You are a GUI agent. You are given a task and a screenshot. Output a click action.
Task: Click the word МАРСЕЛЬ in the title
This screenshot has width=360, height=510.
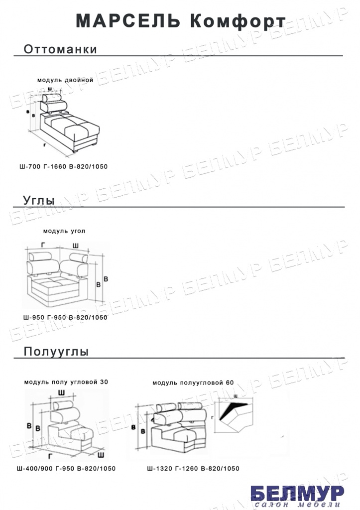click(x=126, y=21)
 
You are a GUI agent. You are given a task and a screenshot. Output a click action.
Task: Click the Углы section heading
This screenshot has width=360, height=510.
click(x=39, y=200)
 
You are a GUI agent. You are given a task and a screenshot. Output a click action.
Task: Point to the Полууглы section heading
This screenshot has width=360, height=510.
click(x=56, y=352)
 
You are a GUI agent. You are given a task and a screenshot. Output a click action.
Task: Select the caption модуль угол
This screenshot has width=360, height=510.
click(x=64, y=231)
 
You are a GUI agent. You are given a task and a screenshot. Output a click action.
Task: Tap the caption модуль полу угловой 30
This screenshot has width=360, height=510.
click(x=66, y=382)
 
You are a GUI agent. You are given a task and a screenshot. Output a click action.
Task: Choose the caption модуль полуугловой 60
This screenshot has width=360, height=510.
click(x=193, y=383)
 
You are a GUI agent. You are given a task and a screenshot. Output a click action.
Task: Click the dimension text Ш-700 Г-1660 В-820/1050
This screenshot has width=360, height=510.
click(x=63, y=167)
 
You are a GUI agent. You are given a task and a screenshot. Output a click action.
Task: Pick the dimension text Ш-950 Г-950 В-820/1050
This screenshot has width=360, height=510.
click(x=65, y=317)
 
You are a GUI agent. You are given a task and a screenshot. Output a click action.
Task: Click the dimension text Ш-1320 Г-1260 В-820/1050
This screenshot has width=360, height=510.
click(x=193, y=469)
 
